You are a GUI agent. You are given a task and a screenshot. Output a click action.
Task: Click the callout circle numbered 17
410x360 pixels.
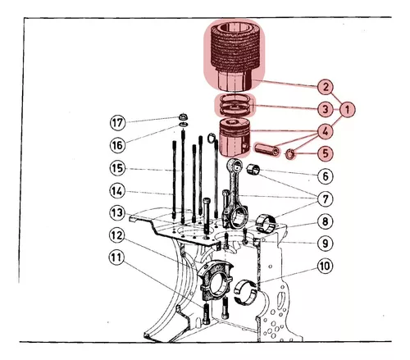point(117,122)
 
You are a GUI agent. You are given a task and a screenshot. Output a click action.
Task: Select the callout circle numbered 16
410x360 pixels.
point(117,145)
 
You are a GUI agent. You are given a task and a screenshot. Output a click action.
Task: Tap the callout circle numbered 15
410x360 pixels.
point(117,168)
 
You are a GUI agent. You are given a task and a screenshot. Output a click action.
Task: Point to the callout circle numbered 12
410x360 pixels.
point(117,235)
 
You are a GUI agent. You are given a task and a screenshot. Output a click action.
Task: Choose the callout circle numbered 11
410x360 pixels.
point(116,257)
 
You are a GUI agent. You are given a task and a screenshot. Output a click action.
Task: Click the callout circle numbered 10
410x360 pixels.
point(326,266)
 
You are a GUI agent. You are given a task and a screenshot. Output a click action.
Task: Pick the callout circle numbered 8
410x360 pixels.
point(326,221)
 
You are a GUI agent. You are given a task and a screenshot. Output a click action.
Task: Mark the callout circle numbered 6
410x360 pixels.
point(326,176)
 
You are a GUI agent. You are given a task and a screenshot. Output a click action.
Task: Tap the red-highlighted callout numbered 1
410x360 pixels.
point(348,110)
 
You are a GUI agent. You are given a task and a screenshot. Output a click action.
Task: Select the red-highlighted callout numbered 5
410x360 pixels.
point(326,153)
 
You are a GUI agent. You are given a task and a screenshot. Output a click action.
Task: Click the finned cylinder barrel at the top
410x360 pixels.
point(235,56)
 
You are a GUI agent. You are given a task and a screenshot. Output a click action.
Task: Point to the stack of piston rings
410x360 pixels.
point(234,104)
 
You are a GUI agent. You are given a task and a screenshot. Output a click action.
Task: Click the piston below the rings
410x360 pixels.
point(235,139)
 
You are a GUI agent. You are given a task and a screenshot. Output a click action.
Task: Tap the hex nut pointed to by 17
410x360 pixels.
point(182,116)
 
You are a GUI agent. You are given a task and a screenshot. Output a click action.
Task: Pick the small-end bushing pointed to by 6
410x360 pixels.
point(253,170)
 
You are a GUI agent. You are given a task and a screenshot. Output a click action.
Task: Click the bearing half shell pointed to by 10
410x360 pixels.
point(245,292)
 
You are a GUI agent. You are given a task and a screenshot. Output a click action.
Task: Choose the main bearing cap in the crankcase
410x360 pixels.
point(216,280)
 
